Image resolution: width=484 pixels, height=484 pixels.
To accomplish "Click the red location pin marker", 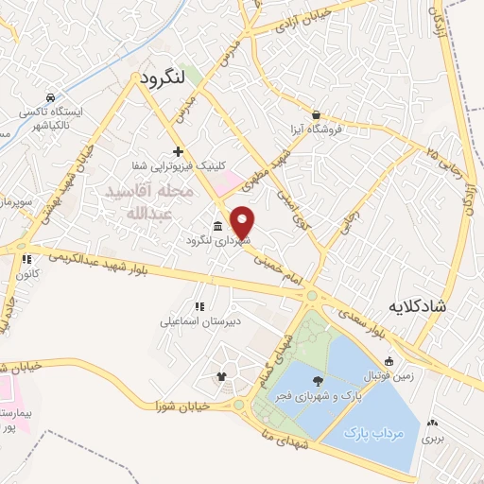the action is tap(243, 221).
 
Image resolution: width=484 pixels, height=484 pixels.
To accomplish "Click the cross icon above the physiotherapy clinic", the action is tap(178, 151).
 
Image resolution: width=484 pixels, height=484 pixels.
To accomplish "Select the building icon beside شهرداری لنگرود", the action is tap(218, 225).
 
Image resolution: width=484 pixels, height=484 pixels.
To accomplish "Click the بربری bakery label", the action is tap(433, 438).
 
